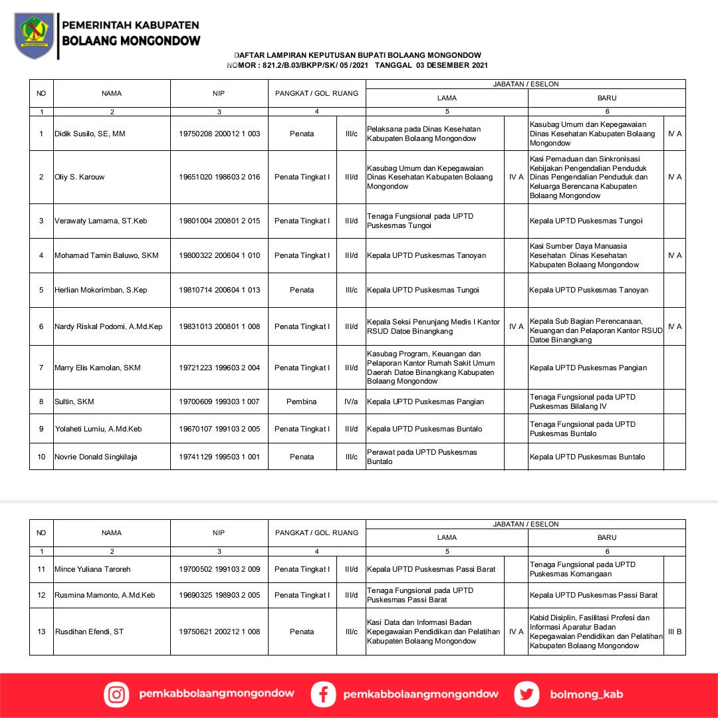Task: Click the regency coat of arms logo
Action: (35, 35)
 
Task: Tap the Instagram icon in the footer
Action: (116, 695)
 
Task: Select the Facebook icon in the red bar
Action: (323, 695)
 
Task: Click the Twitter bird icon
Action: (527, 695)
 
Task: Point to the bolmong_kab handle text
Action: (586, 695)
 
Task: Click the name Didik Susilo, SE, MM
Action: (90, 134)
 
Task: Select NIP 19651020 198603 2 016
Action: (219, 178)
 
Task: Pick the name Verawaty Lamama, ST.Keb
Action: (100, 221)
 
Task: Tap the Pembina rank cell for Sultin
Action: (302, 402)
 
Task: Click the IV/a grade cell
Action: (351, 402)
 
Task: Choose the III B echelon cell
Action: (674, 632)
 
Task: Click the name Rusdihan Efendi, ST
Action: (89, 632)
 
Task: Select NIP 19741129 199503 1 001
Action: (219, 457)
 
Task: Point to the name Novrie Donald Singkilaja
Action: (101, 457)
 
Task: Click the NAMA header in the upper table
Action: (112, 94)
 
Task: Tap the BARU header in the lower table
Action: (606, 537)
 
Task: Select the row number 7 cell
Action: (41, 368)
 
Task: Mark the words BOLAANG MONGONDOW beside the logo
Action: (131, 41)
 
